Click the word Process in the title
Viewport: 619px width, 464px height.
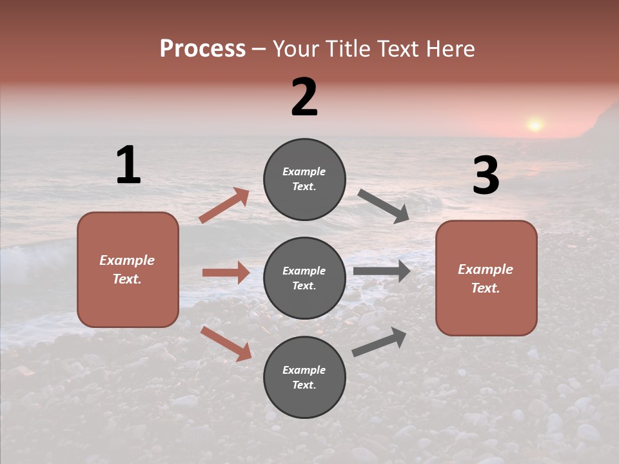click(x=202, y=49)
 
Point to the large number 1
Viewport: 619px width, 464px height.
click(x=128, y=165)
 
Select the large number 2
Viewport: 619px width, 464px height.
click(x=304, y=97)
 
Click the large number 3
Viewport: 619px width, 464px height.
click(x=486, y=176)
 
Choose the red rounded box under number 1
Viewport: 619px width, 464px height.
click(x=128, y=269)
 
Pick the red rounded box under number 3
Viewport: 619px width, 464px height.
click(x=486, y=278)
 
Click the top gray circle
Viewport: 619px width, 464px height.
click(x=304, y=179)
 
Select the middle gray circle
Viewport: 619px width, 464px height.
click(x=304, y=278)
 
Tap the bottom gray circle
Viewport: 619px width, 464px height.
click(x=304, y=377)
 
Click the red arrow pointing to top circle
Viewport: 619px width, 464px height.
click(x=224, y=205)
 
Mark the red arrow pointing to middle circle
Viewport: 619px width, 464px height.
click(x=226, y=273)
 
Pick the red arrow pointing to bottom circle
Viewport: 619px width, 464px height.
click(x=226, y=343)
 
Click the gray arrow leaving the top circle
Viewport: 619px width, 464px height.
click(x=384, y=206)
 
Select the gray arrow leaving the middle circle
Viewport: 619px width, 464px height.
click(x=382, y=271)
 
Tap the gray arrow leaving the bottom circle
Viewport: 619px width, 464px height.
click(x=379, y=342)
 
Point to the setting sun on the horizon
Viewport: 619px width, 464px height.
click(x=535, y=124)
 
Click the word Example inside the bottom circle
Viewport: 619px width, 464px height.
click(x=304, y=370)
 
